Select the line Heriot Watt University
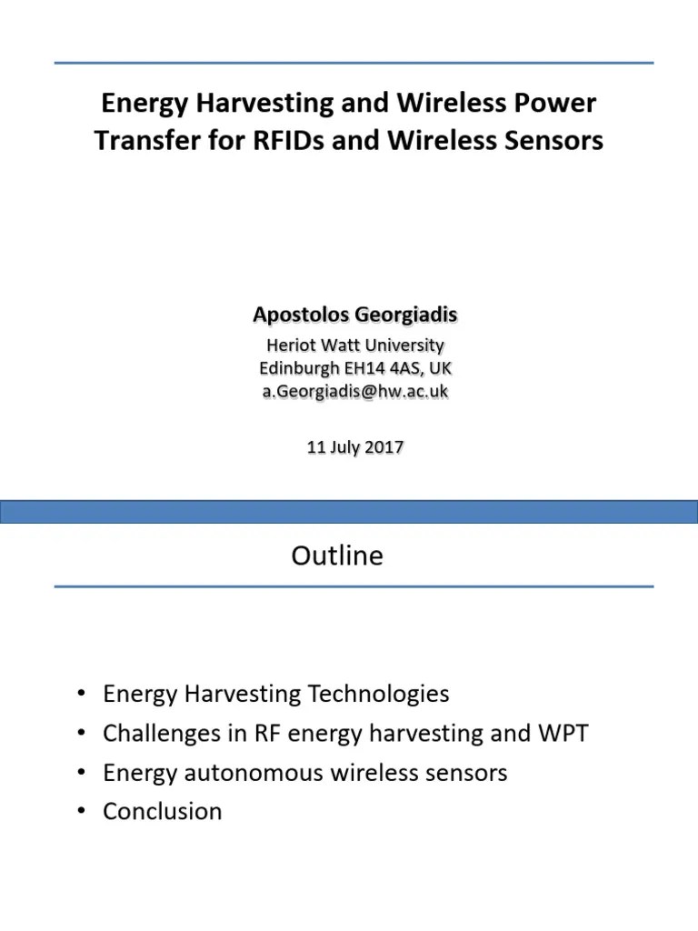point(354,345)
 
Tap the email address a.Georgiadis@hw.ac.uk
point(354,391)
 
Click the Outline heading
point(337,556)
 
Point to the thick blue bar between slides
point(349,510)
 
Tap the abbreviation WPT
point(563,733)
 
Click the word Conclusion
point(163,811)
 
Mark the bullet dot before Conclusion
point(83,811)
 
